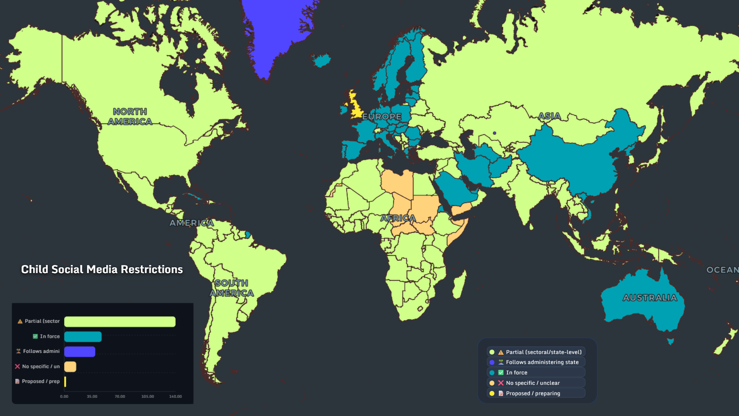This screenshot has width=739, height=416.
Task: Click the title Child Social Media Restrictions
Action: click(102, 269)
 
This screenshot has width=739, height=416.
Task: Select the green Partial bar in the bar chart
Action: click(120, 322)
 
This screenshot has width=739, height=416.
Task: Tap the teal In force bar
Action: click(83, 337)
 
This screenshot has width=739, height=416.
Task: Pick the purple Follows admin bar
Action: click(80, 352)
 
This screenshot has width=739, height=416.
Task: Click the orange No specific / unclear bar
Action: click(70, 367)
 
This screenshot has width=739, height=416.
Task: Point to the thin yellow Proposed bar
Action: click(65, 382)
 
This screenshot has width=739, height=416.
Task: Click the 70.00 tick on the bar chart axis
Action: click(120, 396)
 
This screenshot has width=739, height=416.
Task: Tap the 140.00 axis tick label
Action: click(175, 396)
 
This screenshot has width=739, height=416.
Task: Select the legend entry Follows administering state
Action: click(542, 362)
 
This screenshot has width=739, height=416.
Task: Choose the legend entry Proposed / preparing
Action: click(533, 393)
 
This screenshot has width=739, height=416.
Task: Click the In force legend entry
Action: click(517, 372)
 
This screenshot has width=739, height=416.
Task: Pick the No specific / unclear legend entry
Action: click(533, 383)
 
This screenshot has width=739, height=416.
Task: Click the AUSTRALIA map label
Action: click(650, 298)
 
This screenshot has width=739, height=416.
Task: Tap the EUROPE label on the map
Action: click(381, 116)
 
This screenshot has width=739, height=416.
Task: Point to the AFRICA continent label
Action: click(398, 218)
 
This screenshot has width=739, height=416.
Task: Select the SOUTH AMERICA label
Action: click(232, 288)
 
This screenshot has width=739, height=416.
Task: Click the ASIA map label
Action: click(549, 116)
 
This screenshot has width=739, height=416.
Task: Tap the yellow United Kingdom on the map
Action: click(356, 108)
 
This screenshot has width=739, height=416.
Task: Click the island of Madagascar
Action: click(459, 285)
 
